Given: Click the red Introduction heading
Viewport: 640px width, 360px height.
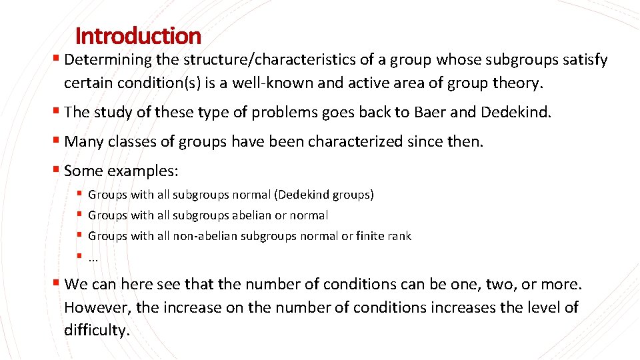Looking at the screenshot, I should point(138,35).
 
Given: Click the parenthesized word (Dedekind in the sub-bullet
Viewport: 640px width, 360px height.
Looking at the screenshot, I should point(303,195).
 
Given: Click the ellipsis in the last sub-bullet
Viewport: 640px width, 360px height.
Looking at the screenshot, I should point(93,257).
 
